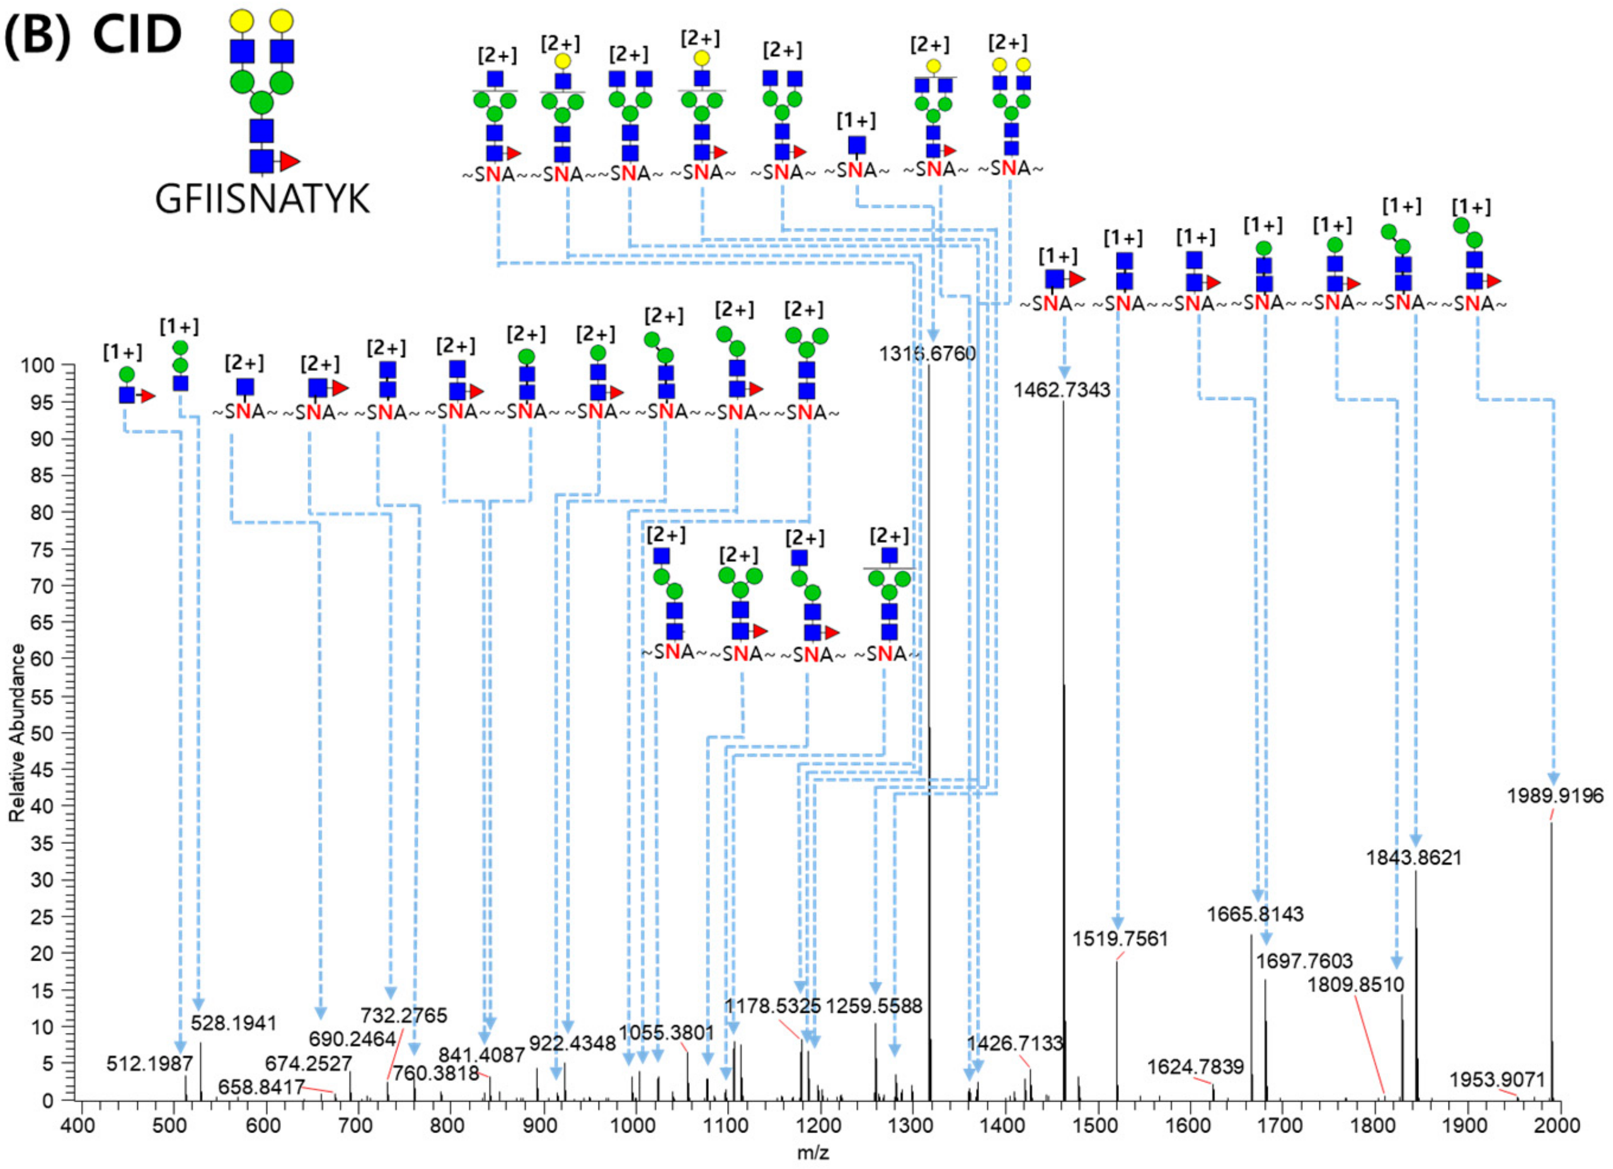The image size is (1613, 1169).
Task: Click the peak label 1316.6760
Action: pos(927,353)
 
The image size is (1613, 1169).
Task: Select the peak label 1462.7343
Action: pos(1062,390)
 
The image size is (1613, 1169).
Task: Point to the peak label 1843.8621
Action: pos(1414,858)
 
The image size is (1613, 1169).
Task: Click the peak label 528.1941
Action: pos(233,1024)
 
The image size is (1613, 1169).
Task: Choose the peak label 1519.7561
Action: pos(1120,938)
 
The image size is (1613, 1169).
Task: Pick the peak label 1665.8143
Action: pos(1255,914)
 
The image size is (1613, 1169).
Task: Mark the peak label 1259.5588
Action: pos(874,1006)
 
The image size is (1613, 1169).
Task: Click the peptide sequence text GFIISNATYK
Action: pos(263,200)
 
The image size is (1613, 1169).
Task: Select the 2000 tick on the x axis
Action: pos(1560,1125)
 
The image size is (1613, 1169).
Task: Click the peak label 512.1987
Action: pos(150,1064)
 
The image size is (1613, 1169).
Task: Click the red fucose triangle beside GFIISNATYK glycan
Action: pos(289,161)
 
